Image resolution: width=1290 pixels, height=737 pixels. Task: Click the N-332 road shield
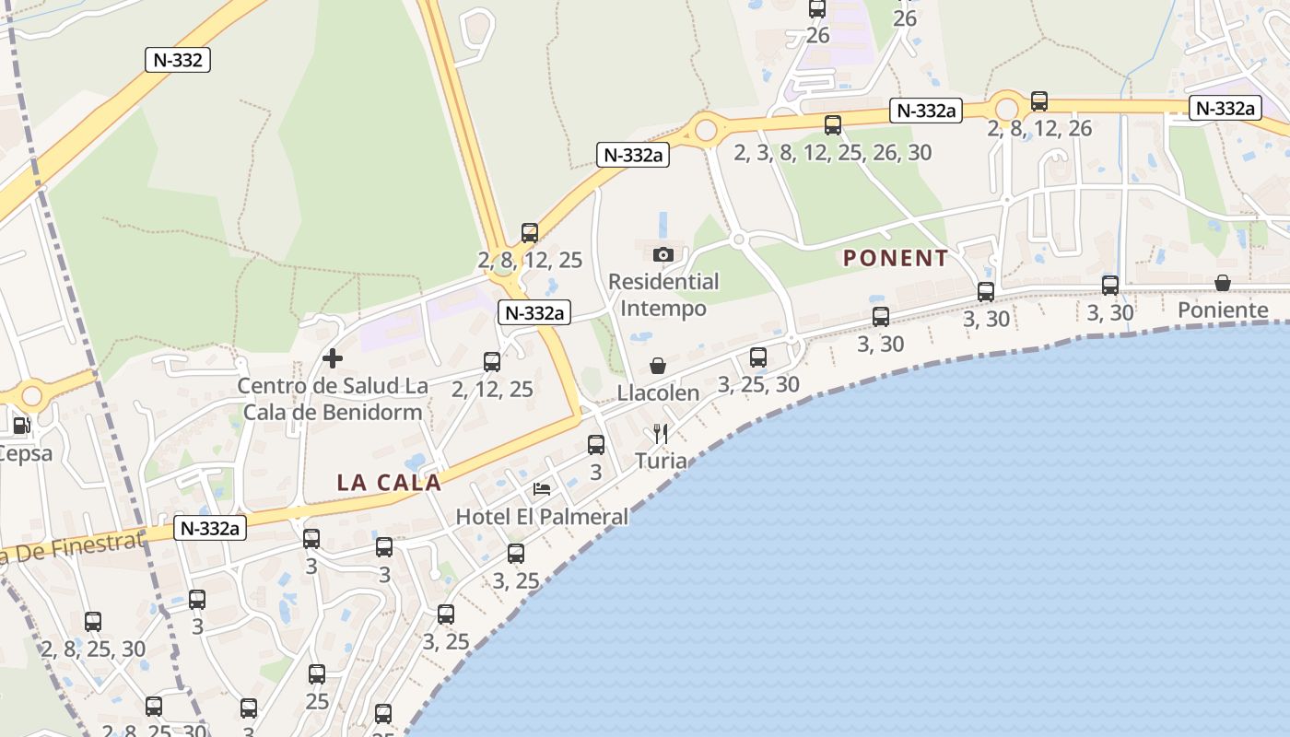[x=179, y=61]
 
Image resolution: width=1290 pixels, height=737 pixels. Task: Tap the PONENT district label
[x=895, y=258]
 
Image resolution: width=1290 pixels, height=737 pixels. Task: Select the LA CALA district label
[x=389, y=482]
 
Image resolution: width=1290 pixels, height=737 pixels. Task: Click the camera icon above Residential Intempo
[x=663, y=254]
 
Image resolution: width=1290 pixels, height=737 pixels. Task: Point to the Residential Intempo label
[x=663, y=295]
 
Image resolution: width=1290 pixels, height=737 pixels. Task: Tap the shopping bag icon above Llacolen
[x=658, y=366]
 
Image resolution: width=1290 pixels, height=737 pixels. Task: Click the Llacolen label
[x=658, y=392]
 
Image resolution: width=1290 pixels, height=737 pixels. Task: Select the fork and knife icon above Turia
[x=660, y=434]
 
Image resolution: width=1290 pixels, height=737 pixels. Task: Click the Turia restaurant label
[x=661, y=460]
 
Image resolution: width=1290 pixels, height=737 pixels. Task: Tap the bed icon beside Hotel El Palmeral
[x=542, y=488]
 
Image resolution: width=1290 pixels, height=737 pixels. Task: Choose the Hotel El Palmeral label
[x=542, y=517]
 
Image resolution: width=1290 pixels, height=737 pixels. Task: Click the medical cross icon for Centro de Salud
[x=333, y=358]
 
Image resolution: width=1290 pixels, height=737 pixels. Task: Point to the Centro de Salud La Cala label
[x=333, y=398]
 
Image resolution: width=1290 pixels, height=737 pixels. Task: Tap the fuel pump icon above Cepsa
[x=20, y=426]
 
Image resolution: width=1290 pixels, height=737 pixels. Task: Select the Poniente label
[x=1223, y=310]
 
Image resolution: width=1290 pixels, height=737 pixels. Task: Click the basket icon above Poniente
[x=1223, y=283]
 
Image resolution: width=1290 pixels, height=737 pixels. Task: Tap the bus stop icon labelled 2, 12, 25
[x=492, y=362]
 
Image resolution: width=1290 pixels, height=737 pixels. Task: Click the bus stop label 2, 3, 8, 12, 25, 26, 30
[x=833, y=153]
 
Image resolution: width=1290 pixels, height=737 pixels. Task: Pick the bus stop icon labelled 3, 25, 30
[x=758, y=357]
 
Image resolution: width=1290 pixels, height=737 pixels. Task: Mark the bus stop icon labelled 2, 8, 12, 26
[x=1039, y=101]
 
